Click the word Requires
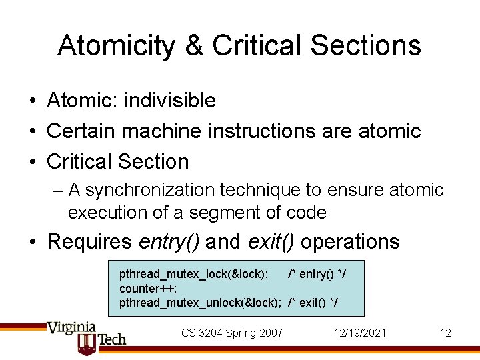[x=91, y=241]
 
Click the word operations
[x=351, y=241]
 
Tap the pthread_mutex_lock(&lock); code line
[x=194, y=274]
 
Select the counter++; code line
[x=148, y=288]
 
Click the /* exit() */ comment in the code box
[x=313, y=303]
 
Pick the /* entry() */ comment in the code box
[x=317, y=274]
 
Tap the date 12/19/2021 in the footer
[x=360, y=333]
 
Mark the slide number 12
[x=445, y=333]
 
